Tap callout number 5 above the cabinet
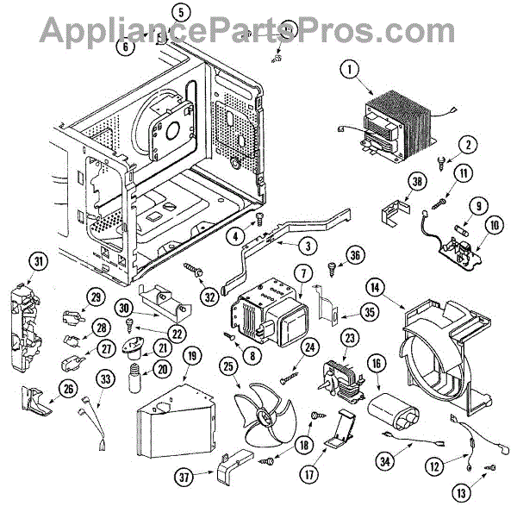pos(179,12)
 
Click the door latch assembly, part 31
pos(34,315)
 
